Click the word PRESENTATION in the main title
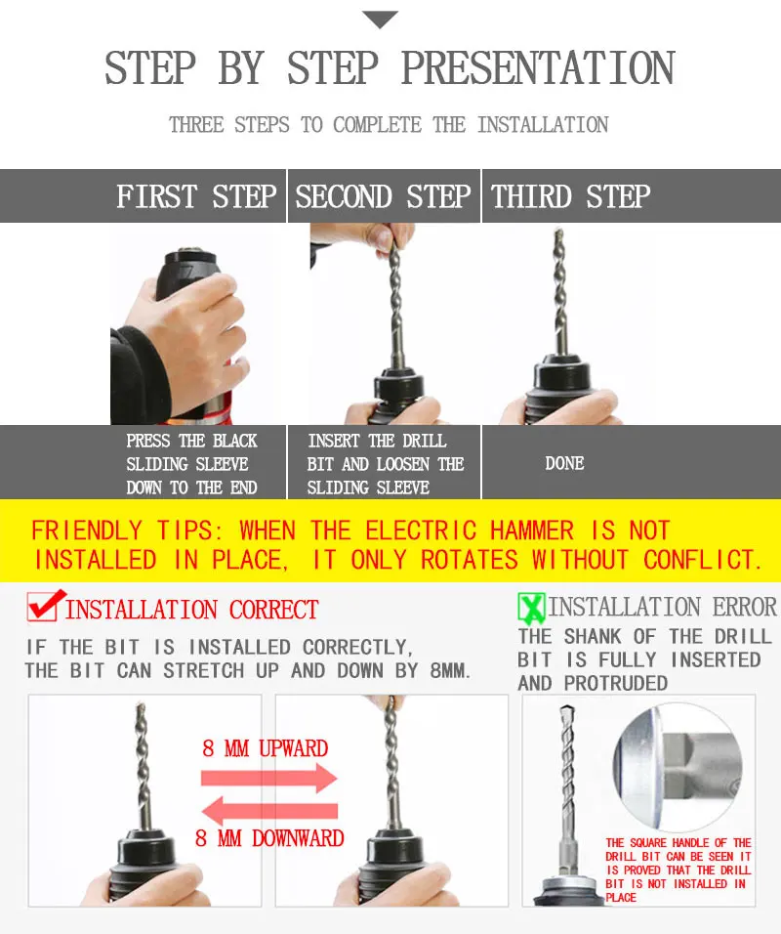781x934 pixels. pos(538,68)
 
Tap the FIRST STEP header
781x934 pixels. pos(196,196)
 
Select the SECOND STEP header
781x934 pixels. pos(383,196)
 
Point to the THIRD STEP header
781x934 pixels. pos(570,196)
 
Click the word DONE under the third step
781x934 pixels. pos(564,463)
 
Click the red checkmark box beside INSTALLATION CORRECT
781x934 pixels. pos(44,606)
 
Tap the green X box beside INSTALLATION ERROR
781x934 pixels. pos(531,608)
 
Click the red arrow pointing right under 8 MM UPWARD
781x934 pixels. pos(269,778)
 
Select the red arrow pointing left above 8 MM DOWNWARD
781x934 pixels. pos(269,811)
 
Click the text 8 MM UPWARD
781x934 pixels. pos(265,748)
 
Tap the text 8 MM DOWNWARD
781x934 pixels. pos(269,838)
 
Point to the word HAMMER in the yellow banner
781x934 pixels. pos(532,531)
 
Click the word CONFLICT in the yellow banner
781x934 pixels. pos(702,560)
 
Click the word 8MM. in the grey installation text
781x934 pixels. pos(450,671)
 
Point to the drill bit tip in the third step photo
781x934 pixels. pos(558,233)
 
